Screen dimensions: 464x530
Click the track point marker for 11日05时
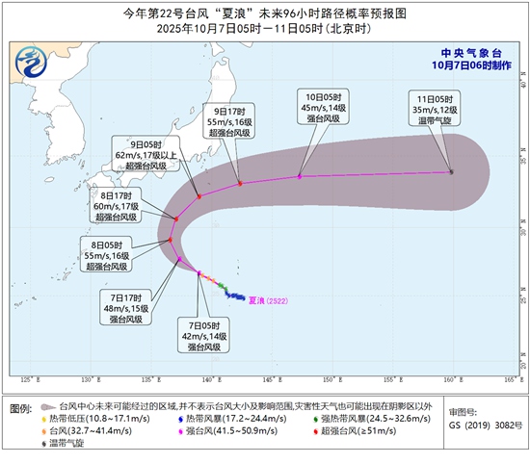(x=451, y=172)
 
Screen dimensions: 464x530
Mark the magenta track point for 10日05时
(x=301, y=176)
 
